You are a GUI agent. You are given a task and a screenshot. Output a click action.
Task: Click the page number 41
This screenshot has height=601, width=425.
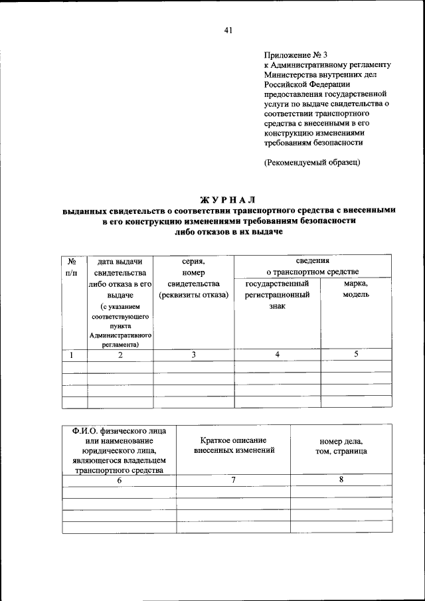point(228,29)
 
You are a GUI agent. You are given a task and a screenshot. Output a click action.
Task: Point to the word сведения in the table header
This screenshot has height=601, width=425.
point(312,262)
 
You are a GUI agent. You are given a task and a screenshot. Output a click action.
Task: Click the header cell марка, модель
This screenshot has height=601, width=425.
point(355,289)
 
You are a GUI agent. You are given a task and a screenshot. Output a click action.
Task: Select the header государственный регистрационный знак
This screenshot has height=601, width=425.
point(277,295)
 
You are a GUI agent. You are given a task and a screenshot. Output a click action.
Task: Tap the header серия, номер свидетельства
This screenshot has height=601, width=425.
point(193,278)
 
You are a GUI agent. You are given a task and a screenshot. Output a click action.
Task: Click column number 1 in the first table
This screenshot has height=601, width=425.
point(71,355)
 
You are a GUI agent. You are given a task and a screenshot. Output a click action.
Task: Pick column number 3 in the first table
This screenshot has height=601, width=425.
point(193,355)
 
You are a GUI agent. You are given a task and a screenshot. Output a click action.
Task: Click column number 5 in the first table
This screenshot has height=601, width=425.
point(355,354)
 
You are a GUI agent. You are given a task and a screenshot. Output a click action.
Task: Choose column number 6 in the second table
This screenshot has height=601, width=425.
point(120,480)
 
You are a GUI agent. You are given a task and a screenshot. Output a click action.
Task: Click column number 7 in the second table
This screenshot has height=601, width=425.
point(234,480)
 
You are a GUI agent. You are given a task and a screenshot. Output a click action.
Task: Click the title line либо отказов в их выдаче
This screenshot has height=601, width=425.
point(228,232)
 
